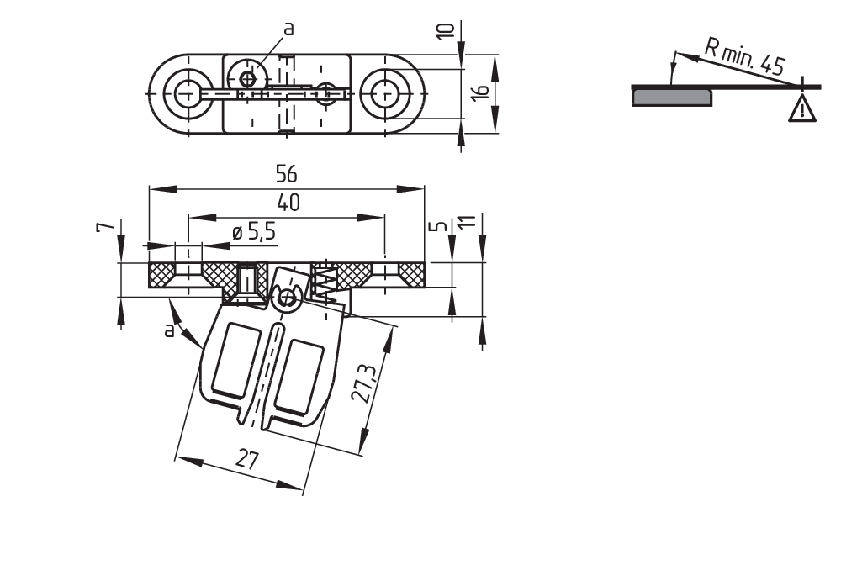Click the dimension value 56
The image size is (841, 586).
[287, 174]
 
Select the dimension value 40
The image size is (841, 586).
[287, 203]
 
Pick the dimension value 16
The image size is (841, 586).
[479, 92]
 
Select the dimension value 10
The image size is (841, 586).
[447, 30]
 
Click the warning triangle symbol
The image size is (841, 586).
[802, 108]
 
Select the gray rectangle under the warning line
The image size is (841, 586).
[673, 98]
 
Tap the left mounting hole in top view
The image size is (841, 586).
[185, 92]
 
